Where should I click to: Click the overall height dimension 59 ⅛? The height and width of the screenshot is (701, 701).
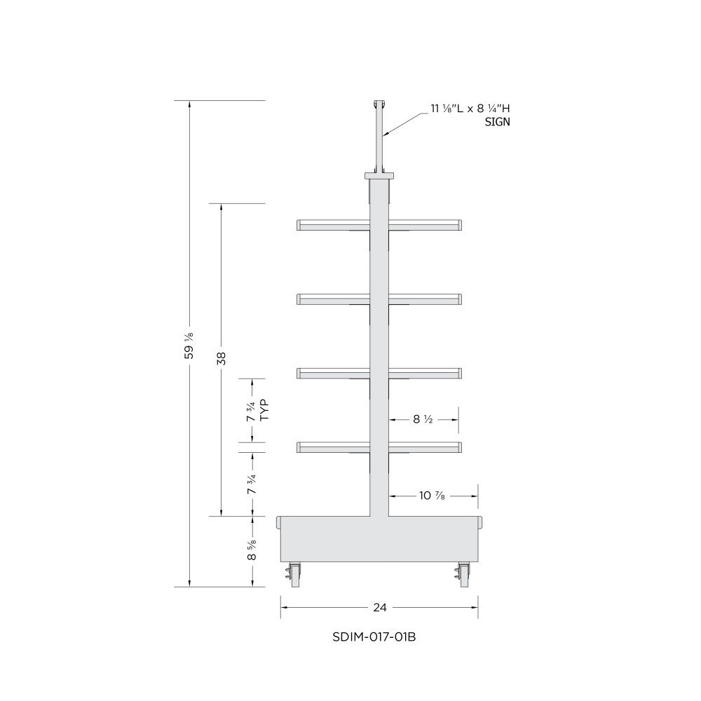pyautogui.click(x=189, y=346)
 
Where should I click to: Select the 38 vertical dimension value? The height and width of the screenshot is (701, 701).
pyautogui.click(x=222, y=358)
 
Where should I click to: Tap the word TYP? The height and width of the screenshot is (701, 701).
pyautogui.click(x=265, y=410)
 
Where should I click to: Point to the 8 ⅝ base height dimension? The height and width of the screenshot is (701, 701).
pyautogui.click(x=252, y=550)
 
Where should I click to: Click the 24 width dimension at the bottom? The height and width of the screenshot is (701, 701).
pyautogui.click(x=379, y=607)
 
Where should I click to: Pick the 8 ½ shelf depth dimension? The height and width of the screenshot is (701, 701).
pyautogui.click(x=423, y=419)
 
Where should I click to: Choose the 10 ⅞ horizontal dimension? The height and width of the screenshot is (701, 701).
pyautogui.click(x=432, y=496)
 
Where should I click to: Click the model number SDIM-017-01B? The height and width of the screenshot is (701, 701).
pyautogui.click(x=374, y=637)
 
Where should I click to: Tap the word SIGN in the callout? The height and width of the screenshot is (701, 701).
pyautogui.click(x=497, y=121)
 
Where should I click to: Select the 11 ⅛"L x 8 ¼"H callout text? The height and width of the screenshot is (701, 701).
pyautogui.click(x=470, y=108)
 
